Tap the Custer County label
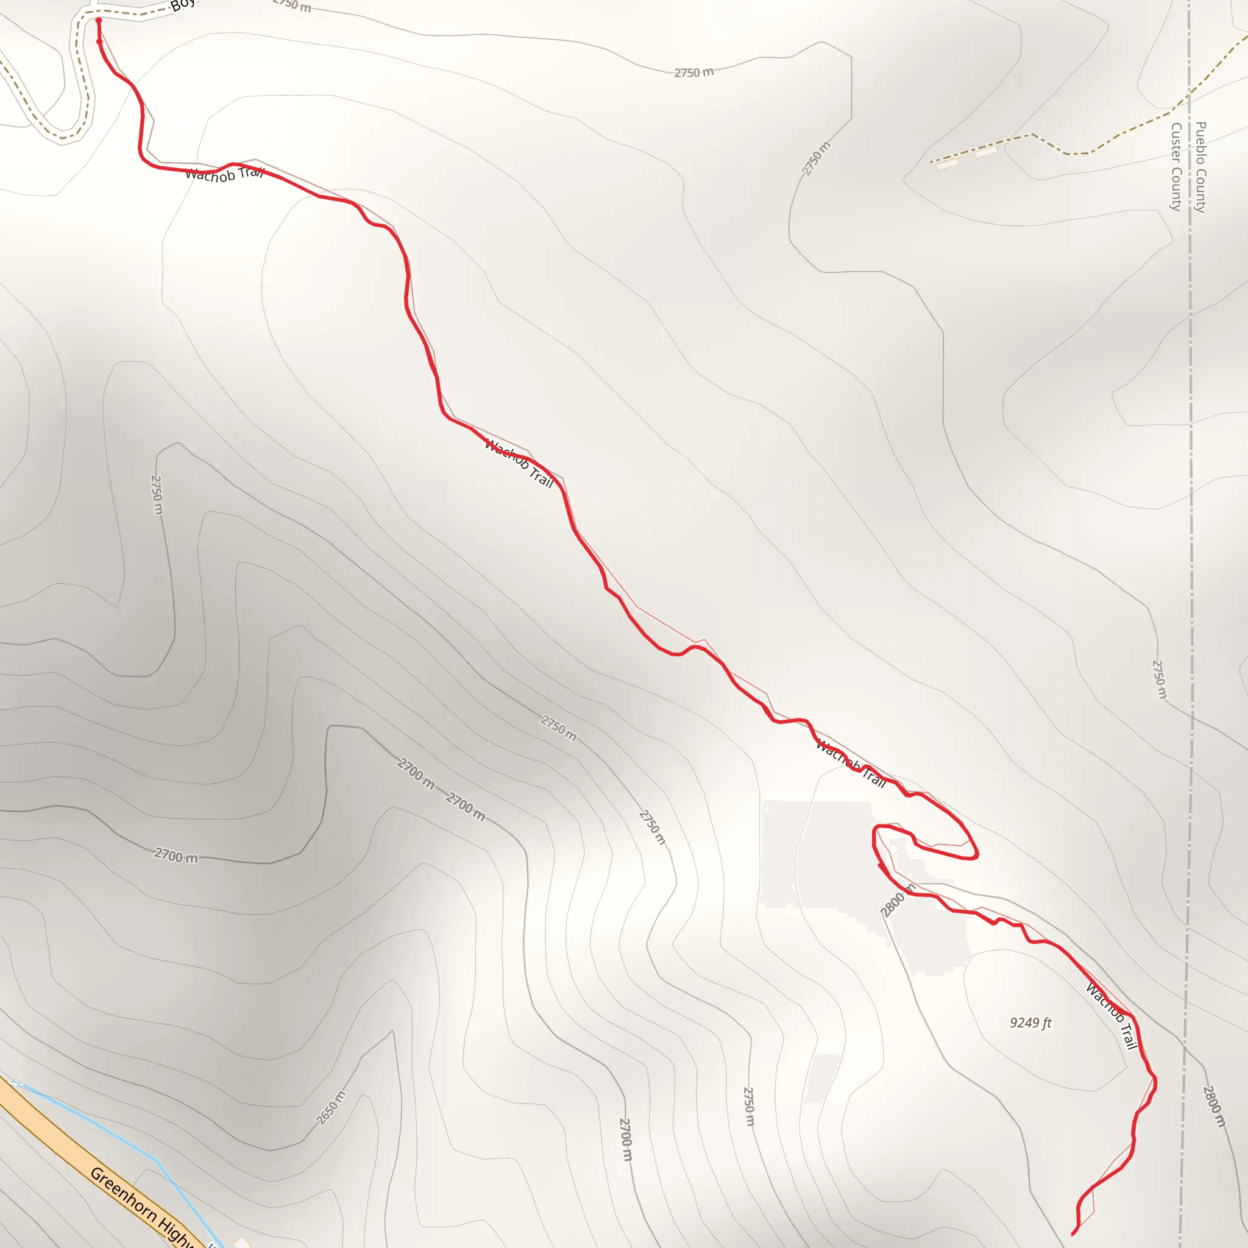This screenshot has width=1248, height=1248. coord(1176,166)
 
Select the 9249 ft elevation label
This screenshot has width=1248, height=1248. coord(1030,1023)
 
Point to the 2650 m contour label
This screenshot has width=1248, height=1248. coord(331,1108)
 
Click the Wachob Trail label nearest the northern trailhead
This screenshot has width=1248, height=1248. coord(224,174)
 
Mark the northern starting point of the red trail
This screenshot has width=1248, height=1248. coord(99,21)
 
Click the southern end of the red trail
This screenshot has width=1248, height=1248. coord(1073,1234)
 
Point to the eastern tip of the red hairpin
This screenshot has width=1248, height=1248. coord(977,855)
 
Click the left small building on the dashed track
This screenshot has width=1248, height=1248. coord(948,164)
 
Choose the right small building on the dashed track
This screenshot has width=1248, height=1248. coord(986,152)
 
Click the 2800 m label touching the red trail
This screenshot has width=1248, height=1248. coord(897,900)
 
